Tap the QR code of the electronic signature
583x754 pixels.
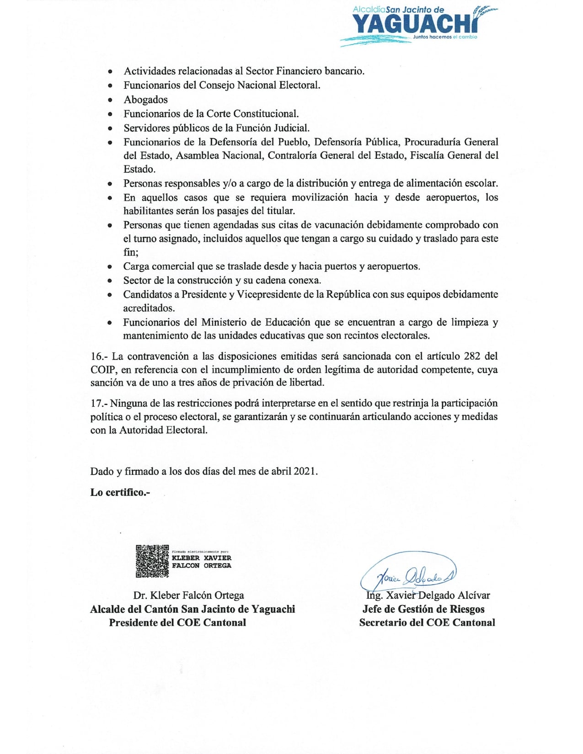tap(152, 561)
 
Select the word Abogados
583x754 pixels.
tap(145, 100)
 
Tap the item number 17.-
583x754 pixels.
tap(98, 403)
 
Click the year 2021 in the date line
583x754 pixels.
tap(305, 471)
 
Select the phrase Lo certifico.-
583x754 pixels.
tap(120, 492)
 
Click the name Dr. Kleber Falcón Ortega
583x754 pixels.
tap(188, 595)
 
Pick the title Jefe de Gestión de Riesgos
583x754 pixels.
tap(423, 609)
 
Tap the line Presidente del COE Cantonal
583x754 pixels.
tap(177, 622)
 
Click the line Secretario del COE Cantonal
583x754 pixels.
tap(427, 622)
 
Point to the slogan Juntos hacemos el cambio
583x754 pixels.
tap(444, 37)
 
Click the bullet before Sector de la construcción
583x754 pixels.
tap(110, 281)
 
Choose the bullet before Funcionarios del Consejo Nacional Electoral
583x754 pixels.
tap(110, 85)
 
